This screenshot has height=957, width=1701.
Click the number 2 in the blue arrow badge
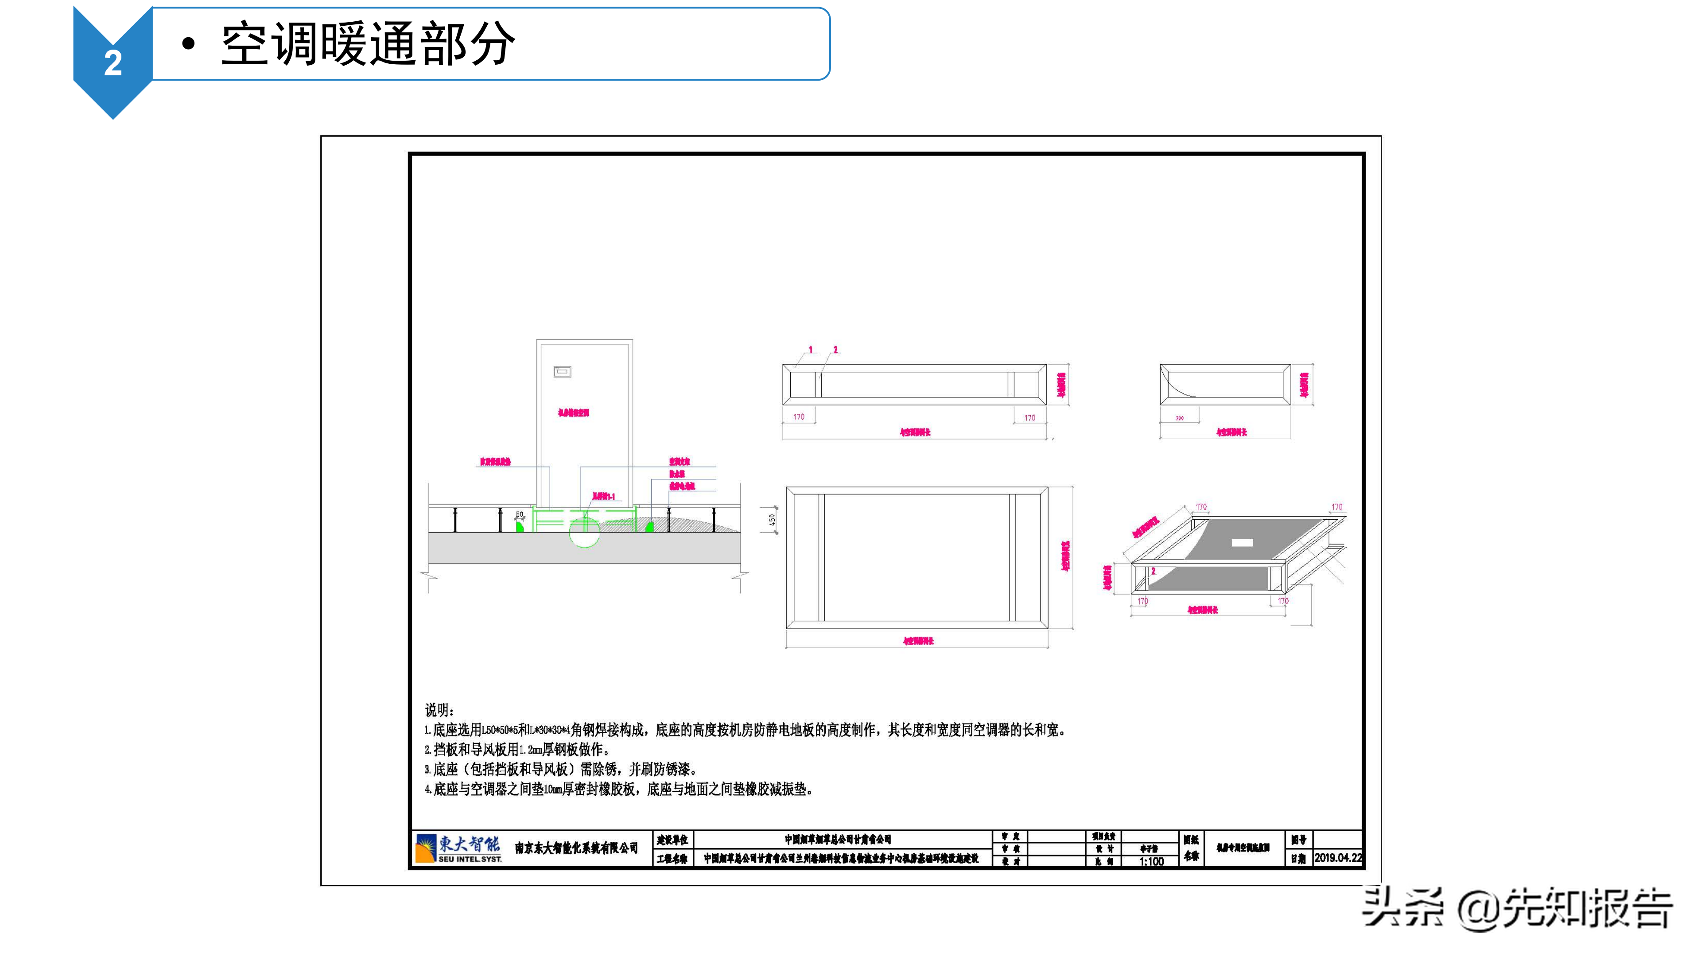coord(113,63)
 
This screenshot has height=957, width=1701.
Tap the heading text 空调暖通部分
coord(368,44)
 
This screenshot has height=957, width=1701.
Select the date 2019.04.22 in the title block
coord(1338,857)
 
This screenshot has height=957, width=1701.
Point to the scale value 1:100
coord(1151,861)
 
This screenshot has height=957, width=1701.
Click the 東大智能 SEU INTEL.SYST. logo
coord(458,848)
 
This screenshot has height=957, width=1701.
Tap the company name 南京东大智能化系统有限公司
coord(576,848)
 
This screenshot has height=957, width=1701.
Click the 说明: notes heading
coord(439,710)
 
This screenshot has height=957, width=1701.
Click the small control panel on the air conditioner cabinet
coord(562,372)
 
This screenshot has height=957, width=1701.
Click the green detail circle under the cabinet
coord(584,531)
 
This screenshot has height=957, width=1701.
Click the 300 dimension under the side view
coord(1179,418)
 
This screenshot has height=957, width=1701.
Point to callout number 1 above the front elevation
coord(811,350)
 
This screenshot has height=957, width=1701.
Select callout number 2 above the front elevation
coord(835,350)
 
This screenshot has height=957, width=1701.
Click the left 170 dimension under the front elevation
coord(799,417)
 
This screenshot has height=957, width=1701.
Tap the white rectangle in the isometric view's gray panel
coord(1242,542)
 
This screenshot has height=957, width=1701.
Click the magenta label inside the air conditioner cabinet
coord(573,413)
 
